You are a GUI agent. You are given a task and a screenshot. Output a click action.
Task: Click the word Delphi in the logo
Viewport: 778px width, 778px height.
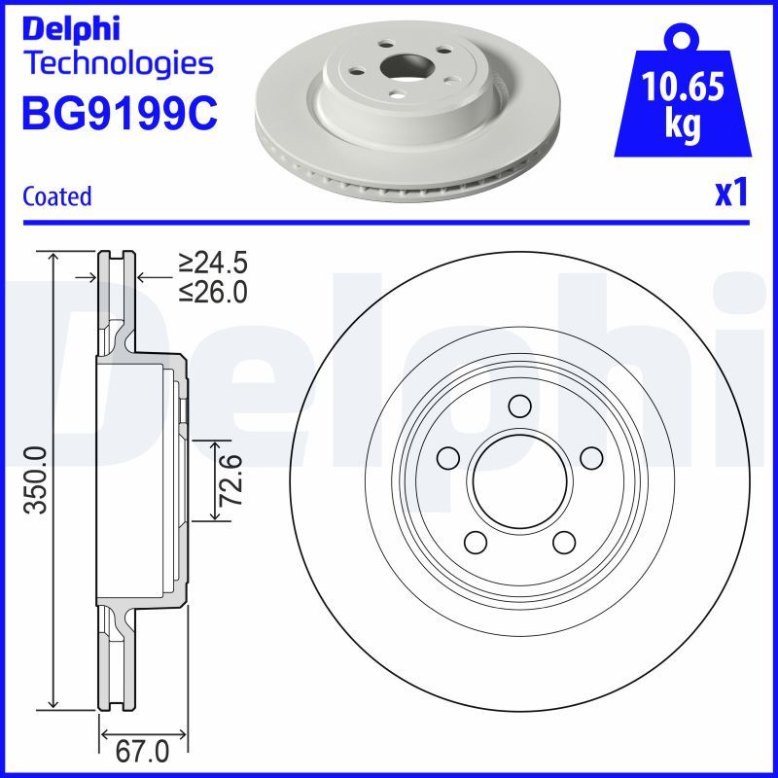[70, 30]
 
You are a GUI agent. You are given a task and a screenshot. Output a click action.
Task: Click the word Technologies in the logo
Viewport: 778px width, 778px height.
[117, 64]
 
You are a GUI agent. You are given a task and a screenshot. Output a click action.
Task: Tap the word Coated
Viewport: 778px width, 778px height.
[56, 196]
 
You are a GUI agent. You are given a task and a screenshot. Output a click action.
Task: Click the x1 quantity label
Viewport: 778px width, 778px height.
[730, 194]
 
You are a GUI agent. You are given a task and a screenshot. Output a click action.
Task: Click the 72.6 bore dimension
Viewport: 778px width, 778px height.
[230, 479]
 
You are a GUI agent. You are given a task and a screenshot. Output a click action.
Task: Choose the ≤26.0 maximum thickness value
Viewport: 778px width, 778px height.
[213, 291]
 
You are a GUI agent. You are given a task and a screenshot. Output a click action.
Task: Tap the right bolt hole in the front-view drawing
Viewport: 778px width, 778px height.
[588, 456]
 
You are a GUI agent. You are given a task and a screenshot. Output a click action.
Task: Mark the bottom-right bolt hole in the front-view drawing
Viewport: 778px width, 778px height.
[562, 540]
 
